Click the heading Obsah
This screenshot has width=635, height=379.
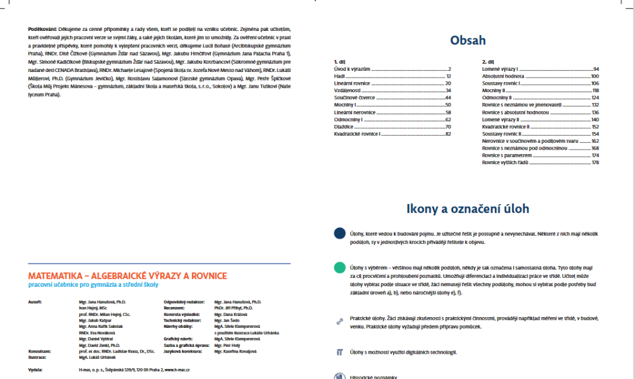[468, 40]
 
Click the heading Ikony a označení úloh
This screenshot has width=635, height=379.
[468, 208]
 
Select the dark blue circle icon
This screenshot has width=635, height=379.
[340, 233]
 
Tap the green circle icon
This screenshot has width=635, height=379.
[340, 267]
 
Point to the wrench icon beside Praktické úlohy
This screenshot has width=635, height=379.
[340, 321]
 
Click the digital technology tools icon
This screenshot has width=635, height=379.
[340, 352]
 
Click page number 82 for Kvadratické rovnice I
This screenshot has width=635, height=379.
[448, 134]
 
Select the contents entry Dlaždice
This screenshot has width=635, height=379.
[344, 126]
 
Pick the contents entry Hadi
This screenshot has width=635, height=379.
[339, 76]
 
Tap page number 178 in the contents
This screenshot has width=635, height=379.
[595, 162]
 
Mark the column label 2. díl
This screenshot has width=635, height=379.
[487, 61]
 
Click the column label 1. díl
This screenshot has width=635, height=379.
[340, 61]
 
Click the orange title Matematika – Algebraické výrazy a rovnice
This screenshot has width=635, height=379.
[128, 276]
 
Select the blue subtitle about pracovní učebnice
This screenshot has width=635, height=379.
[93, 286]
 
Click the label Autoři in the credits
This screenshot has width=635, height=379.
[35, 303]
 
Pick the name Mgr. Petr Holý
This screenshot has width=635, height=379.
[228, 346]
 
